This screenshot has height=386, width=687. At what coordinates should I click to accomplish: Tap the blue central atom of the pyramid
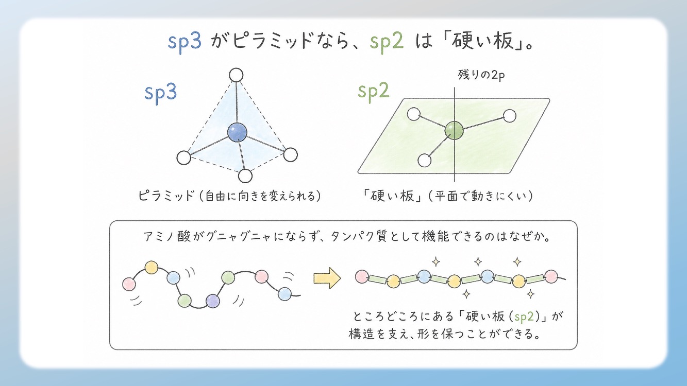[x=237, y=132]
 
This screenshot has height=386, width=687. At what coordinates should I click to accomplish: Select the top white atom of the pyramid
[x=236, y=75]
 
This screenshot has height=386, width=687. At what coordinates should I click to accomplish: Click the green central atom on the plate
[x=454, y=129]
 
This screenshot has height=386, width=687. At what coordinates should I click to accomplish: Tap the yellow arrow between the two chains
[x=327, y=278]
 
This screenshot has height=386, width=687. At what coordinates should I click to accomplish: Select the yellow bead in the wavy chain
[x=151, y=267]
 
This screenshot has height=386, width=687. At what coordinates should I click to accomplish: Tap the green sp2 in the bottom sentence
[x=526, y=315]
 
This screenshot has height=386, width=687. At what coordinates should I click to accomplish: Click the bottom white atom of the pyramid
[x=245, y=176]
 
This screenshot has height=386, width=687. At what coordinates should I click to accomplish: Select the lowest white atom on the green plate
[x=424, y=161]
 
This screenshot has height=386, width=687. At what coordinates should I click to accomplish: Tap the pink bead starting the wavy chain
[x=129, y=283]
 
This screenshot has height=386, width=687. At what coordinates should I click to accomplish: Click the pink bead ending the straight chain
[x=552, y=277]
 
